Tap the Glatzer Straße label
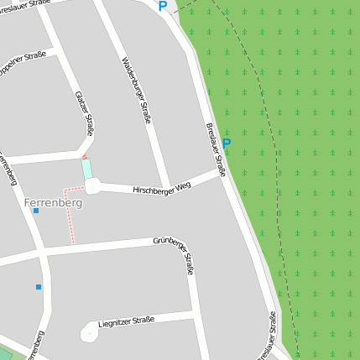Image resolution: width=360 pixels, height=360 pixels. tap(84, 113)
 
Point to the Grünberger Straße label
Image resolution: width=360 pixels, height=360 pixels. tap(174, 256)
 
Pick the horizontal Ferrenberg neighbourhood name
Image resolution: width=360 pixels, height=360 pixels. tap(52, 202)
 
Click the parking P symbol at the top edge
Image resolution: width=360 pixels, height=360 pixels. tap(162, 7)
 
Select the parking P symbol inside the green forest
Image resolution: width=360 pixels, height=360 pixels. tap(227, 143)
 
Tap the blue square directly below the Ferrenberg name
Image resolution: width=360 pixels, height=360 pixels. tap(36, 211)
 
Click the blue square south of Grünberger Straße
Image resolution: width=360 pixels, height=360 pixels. tap(39, 287)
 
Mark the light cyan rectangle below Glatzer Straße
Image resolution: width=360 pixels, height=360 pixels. tap(86, 169)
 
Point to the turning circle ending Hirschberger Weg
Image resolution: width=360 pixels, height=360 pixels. tap(92, 185)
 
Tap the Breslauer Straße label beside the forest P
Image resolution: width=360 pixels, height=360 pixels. tap(215, 150)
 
